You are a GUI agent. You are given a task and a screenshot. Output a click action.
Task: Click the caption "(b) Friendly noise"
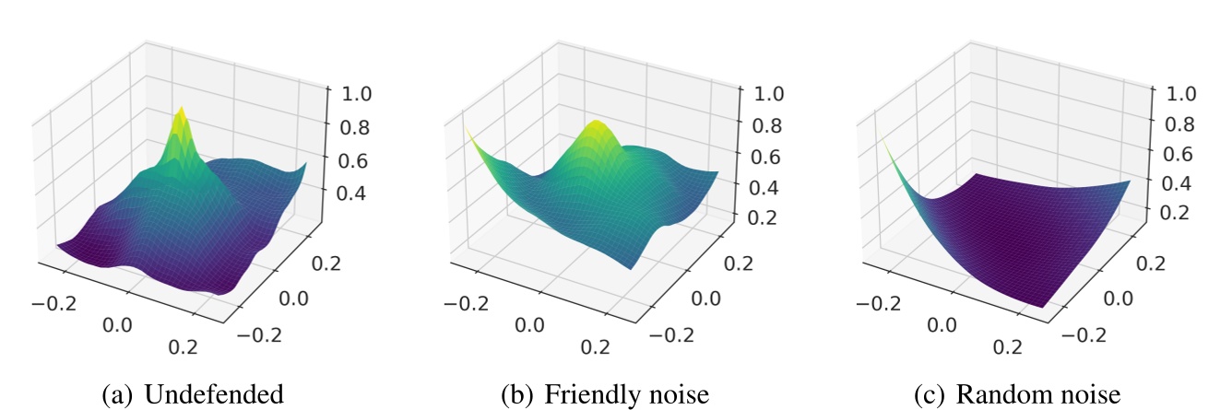[x=604, y=395]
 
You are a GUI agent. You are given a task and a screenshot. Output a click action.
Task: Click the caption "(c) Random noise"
[x=1016, y=395]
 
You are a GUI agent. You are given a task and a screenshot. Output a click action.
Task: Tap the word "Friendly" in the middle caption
[x=585, y=395]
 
